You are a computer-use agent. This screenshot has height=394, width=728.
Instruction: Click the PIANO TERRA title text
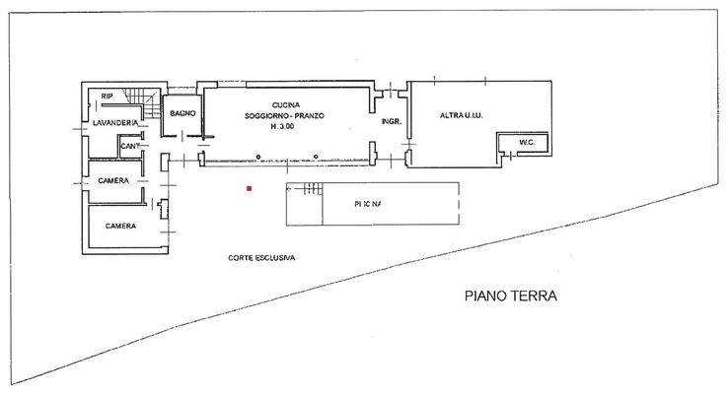pyautogui.click(x=511, y=295)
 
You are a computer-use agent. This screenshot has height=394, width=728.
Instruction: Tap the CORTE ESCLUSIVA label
pyautogui.click(x=262, y=258)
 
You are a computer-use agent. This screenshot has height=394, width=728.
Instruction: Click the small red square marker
pyautogui.click(x=251, y=187)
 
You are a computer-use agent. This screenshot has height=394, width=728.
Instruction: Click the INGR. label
pyautogui.click(x=391, y=122)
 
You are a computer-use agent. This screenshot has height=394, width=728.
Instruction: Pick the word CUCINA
pyautogui.click(x=285, y=104)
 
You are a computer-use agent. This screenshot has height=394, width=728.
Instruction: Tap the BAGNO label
pyautogui.click(x=182, y=114)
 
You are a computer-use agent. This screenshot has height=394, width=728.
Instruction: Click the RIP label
pyautogui.click(x=106, y=97)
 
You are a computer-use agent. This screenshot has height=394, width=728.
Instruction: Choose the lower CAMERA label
pyautogui.click(x=119, y=226)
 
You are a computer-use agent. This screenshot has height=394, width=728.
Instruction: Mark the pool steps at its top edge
pyautogui.click(x=313, y=187)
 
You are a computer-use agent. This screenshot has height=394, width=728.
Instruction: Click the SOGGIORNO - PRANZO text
pyautogui.click(x=285, y=116)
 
